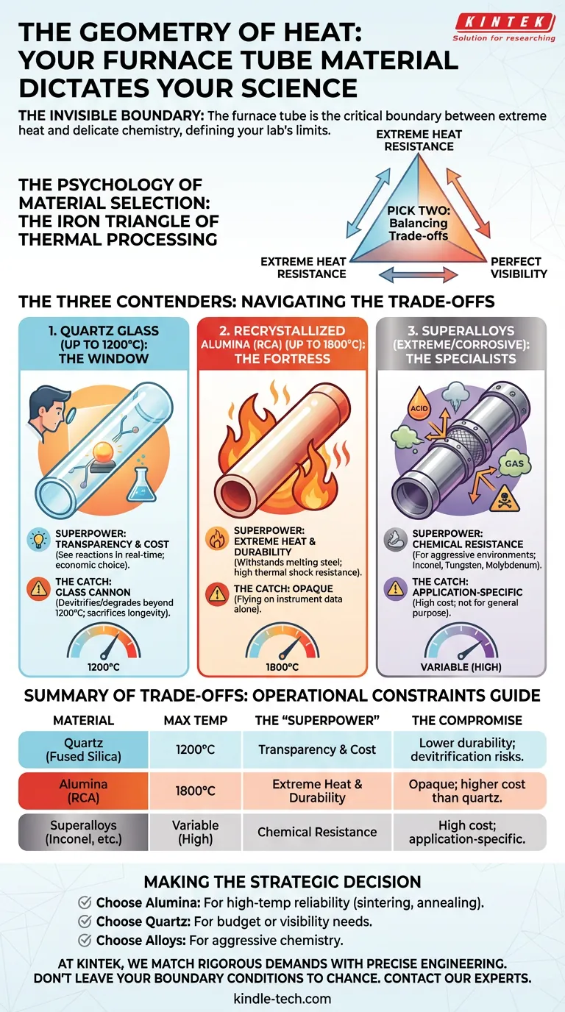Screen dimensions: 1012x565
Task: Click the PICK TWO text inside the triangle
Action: tap(418, 211)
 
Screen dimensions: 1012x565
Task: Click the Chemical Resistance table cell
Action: tap(317, 832)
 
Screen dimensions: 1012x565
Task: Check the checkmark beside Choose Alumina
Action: tap(85, 903)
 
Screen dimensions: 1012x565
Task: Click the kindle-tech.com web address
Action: tap(282, 999)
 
